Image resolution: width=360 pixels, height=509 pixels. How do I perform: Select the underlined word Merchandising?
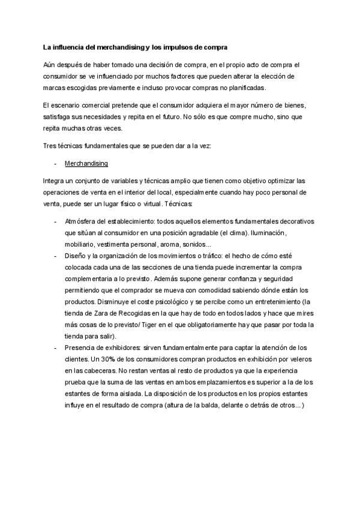pyautogui.click(x=86, y=163)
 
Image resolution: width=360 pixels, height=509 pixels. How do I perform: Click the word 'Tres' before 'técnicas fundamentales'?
pyautogui.click(x=50, y=146)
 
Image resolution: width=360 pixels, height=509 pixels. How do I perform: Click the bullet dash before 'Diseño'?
pyautogui.click(x=55, y=256)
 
